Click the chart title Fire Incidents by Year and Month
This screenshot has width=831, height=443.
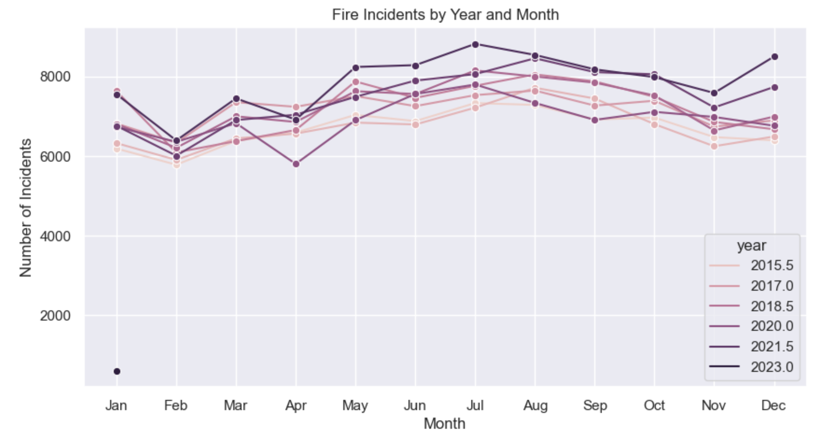click(x=445, y=15)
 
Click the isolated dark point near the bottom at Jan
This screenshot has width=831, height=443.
click(x=117, y=371)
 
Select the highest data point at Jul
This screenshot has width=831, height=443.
click(x=475, y=44)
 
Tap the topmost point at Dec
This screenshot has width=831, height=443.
click(x=774, y=57)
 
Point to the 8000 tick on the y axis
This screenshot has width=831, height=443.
click(x=55, y=77)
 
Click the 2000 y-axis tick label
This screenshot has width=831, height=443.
click(x=55, y=316)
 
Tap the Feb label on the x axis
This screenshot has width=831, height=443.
click(x=176, y=405)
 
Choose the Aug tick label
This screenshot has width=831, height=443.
click(x=535, y=405)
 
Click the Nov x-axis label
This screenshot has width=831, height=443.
click(x=714, y=405)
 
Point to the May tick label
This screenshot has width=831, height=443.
click(x=355, y=405)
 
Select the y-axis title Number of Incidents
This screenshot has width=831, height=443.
click(x=26, y=208)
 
